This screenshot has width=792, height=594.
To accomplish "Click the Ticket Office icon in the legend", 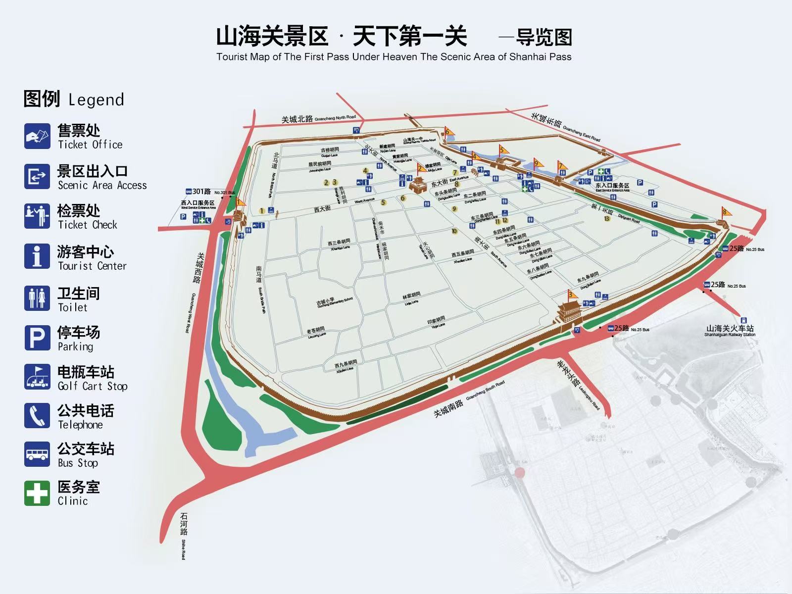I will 37,136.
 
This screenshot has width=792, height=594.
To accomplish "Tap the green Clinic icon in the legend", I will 37,493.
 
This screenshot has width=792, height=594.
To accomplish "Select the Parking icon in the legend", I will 37,338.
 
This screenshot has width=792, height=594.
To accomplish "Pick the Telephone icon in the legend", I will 37,416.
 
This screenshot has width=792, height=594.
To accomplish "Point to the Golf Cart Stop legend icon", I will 37,377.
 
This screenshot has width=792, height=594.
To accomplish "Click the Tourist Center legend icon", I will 37,256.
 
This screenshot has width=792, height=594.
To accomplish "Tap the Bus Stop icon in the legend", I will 37,454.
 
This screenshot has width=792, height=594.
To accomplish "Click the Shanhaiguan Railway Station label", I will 730,331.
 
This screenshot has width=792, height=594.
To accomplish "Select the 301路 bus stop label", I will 201,192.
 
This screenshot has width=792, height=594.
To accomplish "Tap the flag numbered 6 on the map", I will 448,132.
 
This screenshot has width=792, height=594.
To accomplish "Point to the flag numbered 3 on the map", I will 572,296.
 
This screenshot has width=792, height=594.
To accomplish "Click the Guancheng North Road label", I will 318,118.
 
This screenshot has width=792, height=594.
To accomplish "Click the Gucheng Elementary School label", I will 335,302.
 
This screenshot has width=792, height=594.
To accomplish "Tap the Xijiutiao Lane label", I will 346,366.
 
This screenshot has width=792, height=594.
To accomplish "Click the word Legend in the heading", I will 96,99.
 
